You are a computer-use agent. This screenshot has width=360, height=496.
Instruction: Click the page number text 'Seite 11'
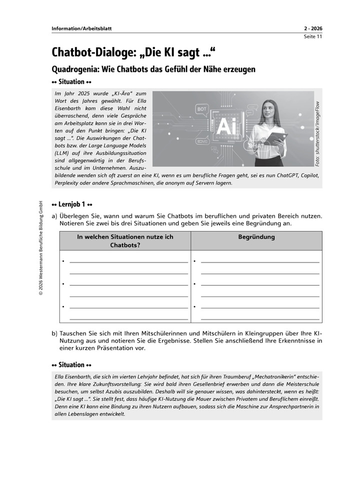pyautogui.click(x=312, y=36)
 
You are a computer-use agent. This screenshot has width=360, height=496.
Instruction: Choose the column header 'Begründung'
pyautogui.click(x=256, y=237)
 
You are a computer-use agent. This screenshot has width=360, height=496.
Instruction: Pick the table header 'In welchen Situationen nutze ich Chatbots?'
pyautogui.click(x=125, y=241)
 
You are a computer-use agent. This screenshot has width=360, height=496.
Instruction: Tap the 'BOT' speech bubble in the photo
pyautogui.click(x=202, y=107)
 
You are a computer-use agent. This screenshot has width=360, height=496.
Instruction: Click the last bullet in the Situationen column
pyautogui.click(x=63, y=306)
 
